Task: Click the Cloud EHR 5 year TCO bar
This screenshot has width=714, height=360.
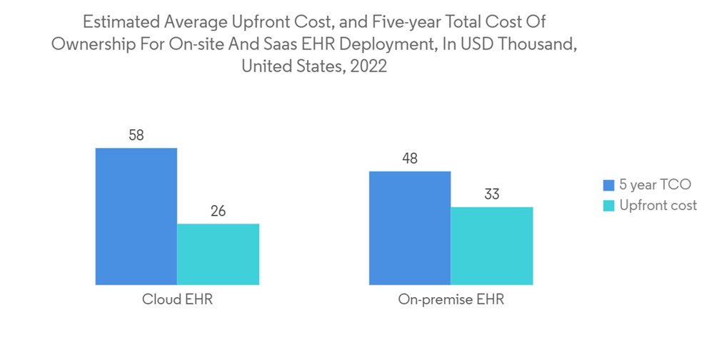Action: coord(136,216)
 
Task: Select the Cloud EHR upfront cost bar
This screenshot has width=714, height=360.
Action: coord(218,254)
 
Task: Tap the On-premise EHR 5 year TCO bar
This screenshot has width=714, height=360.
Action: coord(410,228)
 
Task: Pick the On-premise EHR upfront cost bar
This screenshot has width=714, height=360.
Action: coord(492,246)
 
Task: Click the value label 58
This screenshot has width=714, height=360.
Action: coord(136,135)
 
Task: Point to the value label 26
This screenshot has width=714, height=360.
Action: coord(218,211)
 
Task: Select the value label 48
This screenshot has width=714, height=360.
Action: coord(410,159)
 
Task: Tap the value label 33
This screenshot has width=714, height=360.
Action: coord(492,194)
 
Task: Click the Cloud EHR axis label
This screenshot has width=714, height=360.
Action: coord(177,300)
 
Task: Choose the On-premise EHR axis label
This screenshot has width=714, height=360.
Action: coord(451,300)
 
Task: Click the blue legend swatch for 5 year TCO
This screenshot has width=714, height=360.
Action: coord(608,186)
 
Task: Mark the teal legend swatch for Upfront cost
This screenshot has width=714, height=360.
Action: coord(608,206)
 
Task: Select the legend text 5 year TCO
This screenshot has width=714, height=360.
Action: coord(655,185)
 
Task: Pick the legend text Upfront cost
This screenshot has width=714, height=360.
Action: coord(658,206)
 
